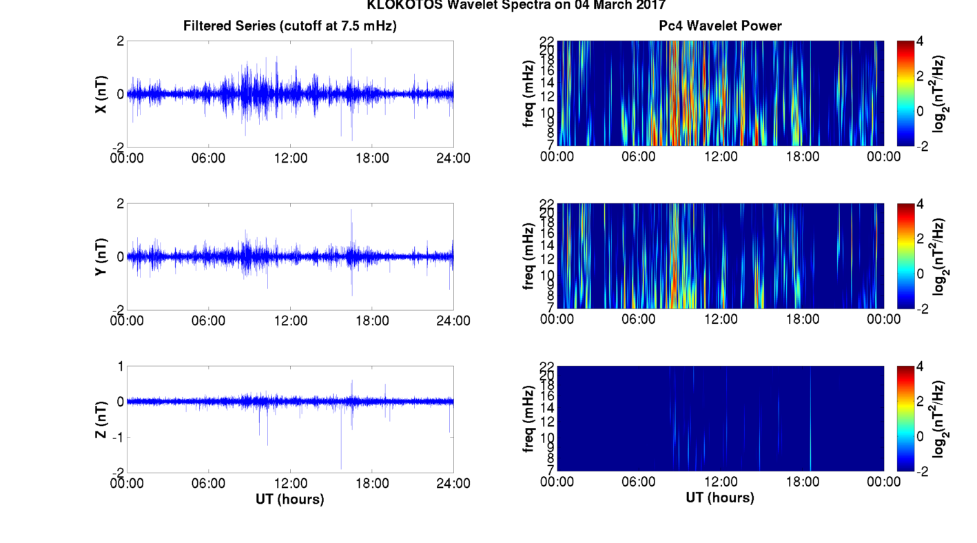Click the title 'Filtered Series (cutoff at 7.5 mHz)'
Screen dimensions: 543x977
click(x=290, y=26)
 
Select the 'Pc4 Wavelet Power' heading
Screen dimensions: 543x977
click(x=720, y=26)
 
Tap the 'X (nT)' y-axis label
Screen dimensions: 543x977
click(x=100, y=94)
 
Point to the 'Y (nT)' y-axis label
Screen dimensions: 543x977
click(x=100, y=257)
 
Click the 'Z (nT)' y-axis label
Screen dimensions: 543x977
click(x=100, y=419)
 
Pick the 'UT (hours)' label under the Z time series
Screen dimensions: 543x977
click(x=290, y=498)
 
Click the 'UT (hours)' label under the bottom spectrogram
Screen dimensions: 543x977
click(x=720, y=497)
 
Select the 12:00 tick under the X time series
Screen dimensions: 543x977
click(x=291, y=157)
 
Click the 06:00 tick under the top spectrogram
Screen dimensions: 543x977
click(x=639, y=156)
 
